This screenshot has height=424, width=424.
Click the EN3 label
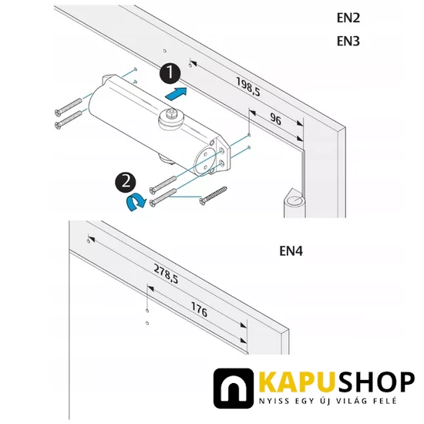pyautogui.click(x=349, y=42)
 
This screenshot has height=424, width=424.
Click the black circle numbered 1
pyautogui.click(x=170, y=75)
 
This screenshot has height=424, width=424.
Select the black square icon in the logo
pyautogui.click(x=234, y=389)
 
